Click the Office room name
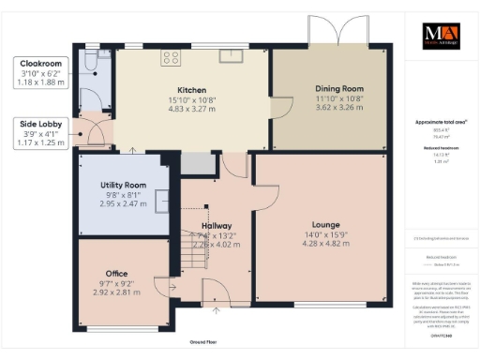pyautogui.click(x=117, y=273)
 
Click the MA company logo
pyautogui.click(x=440, y=29)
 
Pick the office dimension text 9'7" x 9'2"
pyautogui.click(x=117, y=282)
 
